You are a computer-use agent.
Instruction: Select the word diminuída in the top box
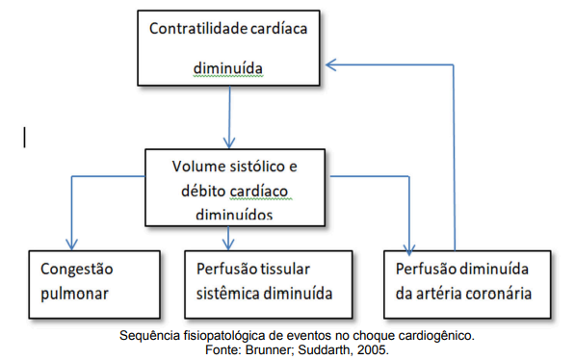tap(227, 69)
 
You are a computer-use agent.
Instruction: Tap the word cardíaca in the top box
tap(279, 28)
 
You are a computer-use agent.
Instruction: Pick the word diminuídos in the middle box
tap(232, 214)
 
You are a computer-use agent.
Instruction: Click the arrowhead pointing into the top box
tap(331, 64)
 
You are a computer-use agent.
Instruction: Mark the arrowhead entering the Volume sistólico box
tap(228, 141)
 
